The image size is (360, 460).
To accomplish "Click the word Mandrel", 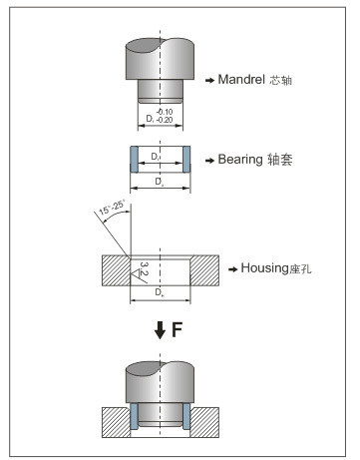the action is point(241,79).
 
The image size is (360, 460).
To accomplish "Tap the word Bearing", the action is point(240,160).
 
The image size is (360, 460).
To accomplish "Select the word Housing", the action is point(264,268).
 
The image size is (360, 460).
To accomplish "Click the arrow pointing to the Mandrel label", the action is point(209,80).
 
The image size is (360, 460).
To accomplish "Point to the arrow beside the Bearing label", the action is point(209,161).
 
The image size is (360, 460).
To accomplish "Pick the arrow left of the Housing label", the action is point(233,269).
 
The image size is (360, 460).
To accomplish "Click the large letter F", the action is point(178,329).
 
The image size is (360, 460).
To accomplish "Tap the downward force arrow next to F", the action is point(161,330).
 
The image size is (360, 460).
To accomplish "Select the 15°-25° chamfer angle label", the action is point(112,207).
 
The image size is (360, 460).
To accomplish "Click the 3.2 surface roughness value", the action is point(145,268).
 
